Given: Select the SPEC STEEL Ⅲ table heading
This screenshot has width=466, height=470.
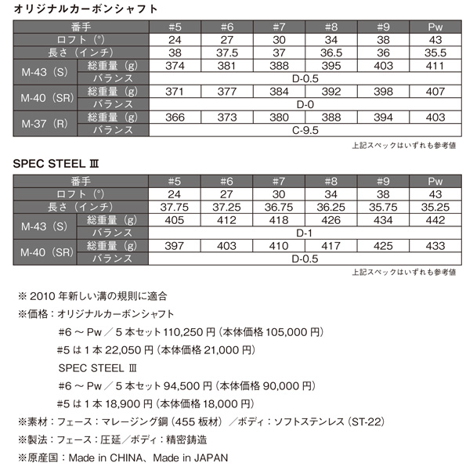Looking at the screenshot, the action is click(53, 167).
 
